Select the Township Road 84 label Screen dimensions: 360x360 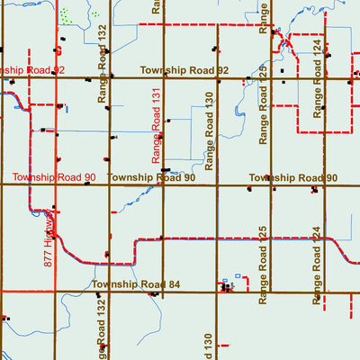(x=136, y=285)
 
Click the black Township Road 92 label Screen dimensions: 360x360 (x=184, y=70)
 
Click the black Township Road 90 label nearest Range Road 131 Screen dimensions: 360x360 (x=151, y=178)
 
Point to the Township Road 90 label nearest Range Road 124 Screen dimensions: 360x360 (x=293, y=178)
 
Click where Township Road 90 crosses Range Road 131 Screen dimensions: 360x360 (x=163, y=185)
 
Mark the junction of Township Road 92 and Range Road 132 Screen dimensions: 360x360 (x=110, y=78)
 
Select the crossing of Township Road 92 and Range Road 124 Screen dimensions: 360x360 (x=324, y=78)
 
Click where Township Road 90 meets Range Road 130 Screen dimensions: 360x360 (x=217, y=185)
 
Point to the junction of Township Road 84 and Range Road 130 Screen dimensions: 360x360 (x=217, y=292)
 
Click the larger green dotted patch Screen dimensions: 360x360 (x=65, y=15)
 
